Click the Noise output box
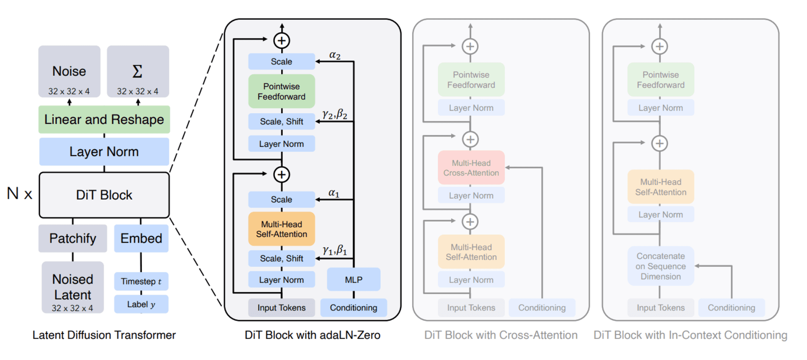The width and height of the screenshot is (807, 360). click(69, 71)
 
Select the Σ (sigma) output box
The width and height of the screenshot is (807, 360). click(138, 71)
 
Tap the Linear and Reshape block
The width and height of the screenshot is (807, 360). click(104, 119)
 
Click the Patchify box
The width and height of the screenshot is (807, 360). click(73, 238)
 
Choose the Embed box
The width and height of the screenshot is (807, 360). click(141, 238)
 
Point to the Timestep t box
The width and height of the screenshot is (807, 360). click(141, 281)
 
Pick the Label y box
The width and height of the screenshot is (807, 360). click(141, 304)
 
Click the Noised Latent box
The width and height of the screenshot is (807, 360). click(73, 287)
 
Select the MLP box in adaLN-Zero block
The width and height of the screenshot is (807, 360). click(353, 280)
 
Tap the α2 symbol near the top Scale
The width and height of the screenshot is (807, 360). click(335, 55)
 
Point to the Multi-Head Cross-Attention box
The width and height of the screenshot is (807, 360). click(471, 168)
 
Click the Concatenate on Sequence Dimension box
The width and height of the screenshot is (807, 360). click(660, 266)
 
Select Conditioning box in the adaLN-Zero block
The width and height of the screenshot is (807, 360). click(353, 308)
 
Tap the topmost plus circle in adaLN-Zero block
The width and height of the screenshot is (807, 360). click(282, 41)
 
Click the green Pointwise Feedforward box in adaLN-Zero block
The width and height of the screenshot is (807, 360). click(282, 91)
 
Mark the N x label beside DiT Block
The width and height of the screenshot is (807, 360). click(19, 194)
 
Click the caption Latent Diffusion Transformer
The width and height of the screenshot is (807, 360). click(104, 335)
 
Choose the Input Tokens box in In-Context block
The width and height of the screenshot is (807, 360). click(660, 308)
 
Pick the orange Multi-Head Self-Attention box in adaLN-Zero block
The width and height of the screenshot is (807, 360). click(282, 229)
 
